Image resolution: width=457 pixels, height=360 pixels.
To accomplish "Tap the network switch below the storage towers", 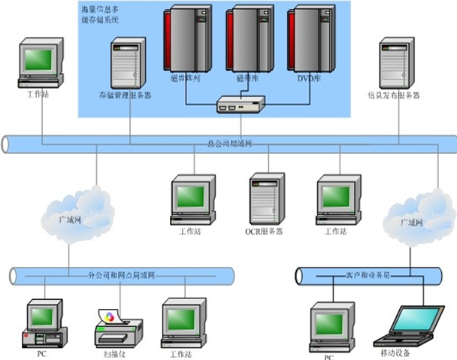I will point(236,105).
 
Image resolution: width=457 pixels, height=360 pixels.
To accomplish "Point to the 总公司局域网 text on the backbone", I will point(228,141).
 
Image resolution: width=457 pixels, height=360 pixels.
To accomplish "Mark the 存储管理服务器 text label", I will point(126,96).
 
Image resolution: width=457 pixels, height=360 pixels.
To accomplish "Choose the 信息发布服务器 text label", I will point(393,95).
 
